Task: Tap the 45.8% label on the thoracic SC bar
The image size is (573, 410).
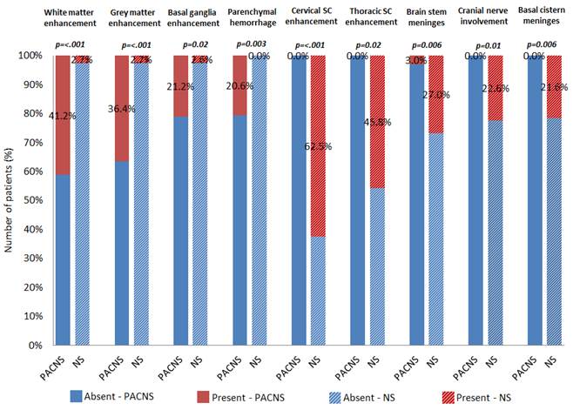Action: (x=374, y=121)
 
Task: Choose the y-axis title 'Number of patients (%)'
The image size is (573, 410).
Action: (x=10, y=200)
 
